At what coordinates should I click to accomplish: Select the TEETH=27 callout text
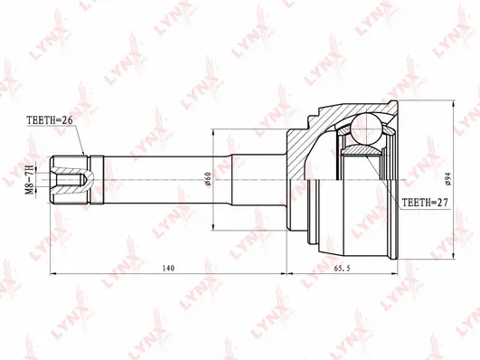425,204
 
